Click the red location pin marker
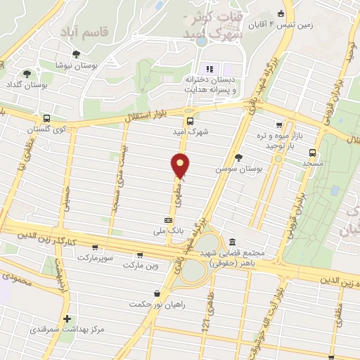pyautogui.click(x=181, y=165)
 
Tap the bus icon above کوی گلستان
pyautogui.click(x=46, y=118)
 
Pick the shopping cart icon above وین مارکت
pyautogui.click(x=140, y=256)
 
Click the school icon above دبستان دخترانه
pyautogui.click(x=208, y=68)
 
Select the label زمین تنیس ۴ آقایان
pyautogui.click(x=317, y=23)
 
